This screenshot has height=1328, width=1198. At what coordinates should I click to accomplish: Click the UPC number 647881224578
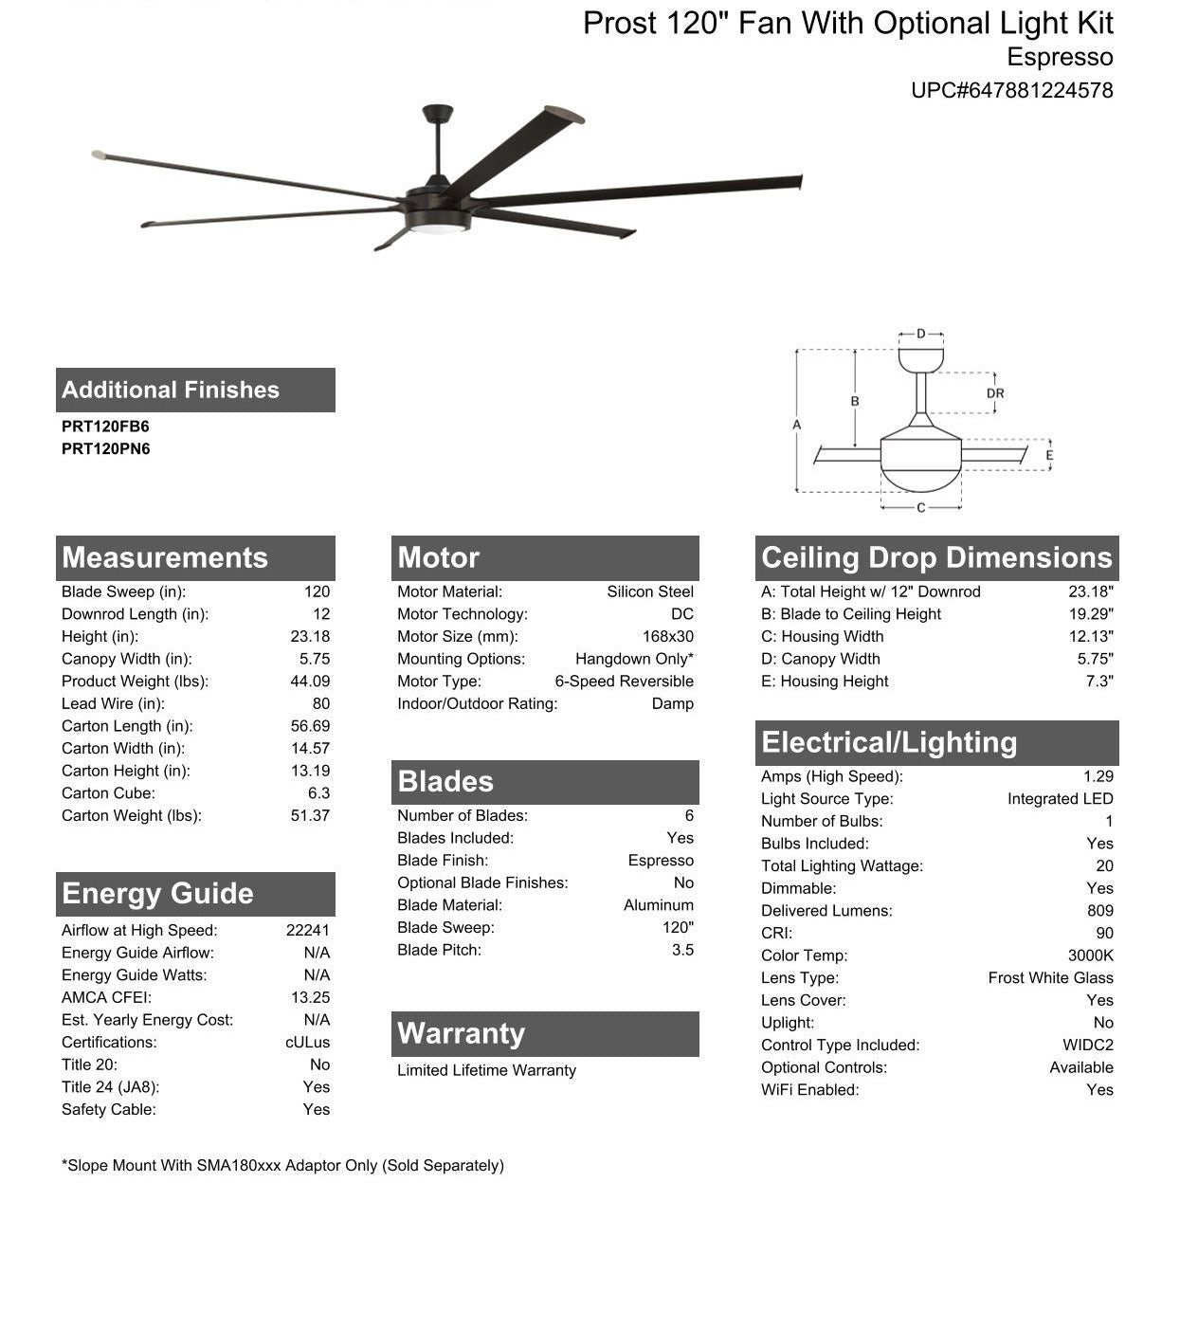(x=1012, y=91)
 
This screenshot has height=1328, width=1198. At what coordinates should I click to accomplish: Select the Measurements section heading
(x=165, y=557)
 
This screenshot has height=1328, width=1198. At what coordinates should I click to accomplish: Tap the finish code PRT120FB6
(x=105, y=427)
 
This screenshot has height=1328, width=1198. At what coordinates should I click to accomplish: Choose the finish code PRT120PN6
(x=105, y=449)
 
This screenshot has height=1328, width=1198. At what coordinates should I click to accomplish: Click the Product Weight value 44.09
(x=310, y=682)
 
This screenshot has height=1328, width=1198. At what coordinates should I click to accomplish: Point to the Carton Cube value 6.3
(x=318, y=793)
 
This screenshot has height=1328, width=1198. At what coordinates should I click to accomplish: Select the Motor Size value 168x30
(x=667, y=637)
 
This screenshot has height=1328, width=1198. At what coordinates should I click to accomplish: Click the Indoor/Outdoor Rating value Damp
(x=672, y=704)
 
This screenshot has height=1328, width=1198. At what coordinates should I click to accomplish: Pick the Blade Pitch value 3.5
(x=682, y=951)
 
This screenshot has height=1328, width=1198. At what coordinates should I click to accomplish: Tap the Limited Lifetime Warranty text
(x=486, y=1071)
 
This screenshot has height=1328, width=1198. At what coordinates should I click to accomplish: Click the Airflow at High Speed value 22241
(x=308, y=931)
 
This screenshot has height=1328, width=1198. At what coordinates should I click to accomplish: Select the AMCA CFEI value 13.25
(x=310, y=998)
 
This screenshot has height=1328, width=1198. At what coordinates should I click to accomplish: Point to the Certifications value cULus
(x=307, y=1043)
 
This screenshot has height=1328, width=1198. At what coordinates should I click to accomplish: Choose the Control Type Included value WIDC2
(x=1087, y=1046)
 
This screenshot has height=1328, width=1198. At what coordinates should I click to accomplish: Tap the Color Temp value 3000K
(x=1090, y=955)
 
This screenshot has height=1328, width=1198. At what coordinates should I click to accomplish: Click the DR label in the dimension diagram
(x=994, y=393)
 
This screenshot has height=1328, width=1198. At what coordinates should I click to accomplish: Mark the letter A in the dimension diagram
(x=797, y=425)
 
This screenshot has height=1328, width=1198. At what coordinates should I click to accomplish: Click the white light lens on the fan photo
(x=438, y=228)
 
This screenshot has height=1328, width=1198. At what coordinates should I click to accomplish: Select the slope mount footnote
(x=282, y=1166)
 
